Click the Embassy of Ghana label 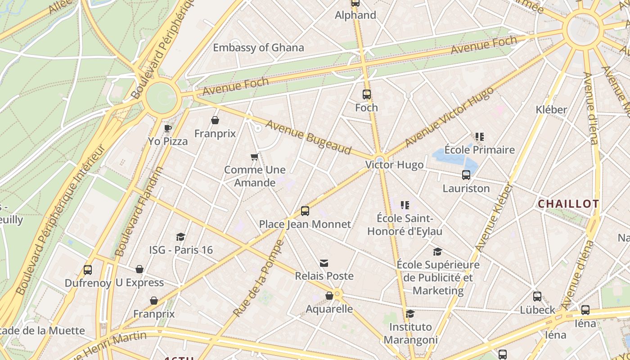click(x=258, y=48)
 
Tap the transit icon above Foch click(x=367, y=94)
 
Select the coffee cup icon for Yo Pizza click(x=168, y=128)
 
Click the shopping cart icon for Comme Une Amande click(x=255, y=157)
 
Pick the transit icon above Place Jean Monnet click(x=305, y=211)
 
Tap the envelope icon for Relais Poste click(x=324, y=263)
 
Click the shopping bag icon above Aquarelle click(x=329, y=296)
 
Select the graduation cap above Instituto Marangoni click(x=410, y=314)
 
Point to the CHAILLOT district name click(x=568, y=204)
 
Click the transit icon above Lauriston click(x=466, y=175)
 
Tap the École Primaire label click(x=479, y=150)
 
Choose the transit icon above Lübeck click(x=537, y=297)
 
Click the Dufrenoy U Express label click(x=114, y=283)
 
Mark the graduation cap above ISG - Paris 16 click(x=181, y=237)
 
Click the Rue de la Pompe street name click(x=259, y=278)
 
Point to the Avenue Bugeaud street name click(x=308, y=137)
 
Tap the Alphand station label click(x=355, y=15)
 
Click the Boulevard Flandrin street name click(x=139, y=211)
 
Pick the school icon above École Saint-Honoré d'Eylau click(x=405, y=205)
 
